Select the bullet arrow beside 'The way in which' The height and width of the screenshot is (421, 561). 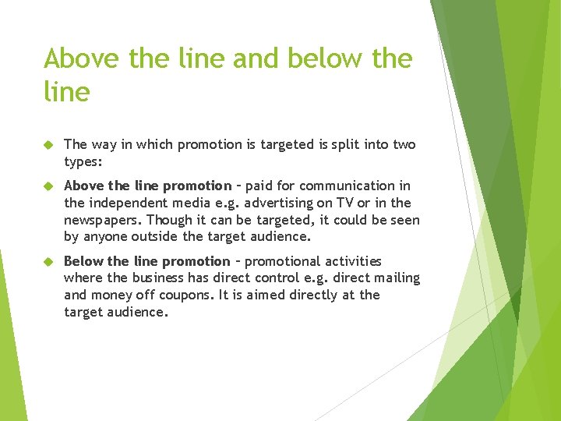(48, 145)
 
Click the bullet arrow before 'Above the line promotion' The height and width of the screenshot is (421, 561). (48, 186)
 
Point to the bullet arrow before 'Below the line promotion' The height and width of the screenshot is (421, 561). (48, 262)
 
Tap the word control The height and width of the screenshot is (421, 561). (298, 278)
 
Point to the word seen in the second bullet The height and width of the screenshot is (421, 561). (404, 220)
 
